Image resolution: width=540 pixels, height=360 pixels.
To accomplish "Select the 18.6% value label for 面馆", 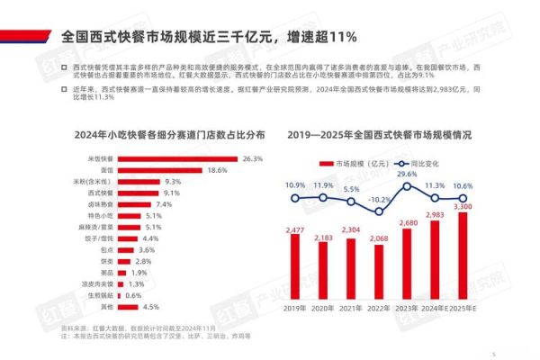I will tap(217, 170).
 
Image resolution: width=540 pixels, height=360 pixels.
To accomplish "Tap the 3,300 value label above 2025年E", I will tap(462, 207).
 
